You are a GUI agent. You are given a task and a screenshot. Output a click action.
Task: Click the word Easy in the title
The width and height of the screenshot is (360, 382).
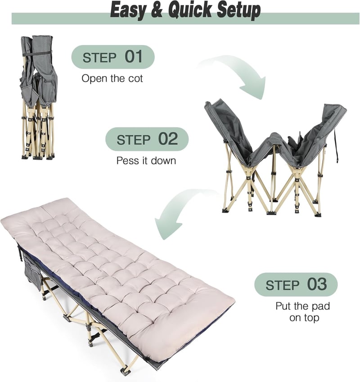tap(128, 10)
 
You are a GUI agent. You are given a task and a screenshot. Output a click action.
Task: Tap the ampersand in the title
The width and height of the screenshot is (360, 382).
tap(157, 10)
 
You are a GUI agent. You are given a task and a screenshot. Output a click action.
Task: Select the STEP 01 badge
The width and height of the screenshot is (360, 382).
tap(113, 57)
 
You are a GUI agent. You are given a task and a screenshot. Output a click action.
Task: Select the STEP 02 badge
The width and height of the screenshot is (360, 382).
tap(147, 139)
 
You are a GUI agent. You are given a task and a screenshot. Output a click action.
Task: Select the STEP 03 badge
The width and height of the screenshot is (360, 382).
tap(296, 284)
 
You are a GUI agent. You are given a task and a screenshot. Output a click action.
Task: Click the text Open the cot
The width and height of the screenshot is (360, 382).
tap(112, 78)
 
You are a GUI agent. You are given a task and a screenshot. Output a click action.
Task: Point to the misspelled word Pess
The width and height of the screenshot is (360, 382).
tap(126, 161)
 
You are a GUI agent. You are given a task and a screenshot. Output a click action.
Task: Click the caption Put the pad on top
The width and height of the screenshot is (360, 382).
tap(303, 312)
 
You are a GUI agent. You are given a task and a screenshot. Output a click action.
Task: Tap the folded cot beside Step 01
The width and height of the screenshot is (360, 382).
tap(39, 98)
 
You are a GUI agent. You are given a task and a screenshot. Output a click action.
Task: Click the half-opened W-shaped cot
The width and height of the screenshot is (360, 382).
tap(275, 158)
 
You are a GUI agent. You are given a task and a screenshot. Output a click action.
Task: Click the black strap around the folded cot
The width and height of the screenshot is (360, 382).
tap(39, 52)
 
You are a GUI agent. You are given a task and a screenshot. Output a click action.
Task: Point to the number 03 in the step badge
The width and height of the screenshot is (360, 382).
tap(317, 284)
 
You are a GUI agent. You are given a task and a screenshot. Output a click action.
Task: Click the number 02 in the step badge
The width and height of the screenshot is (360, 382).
tap(168, 139)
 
